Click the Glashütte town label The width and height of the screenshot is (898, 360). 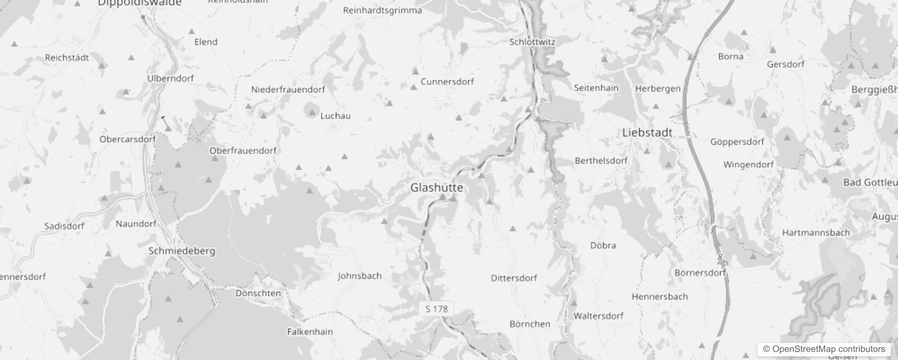coord(436,188)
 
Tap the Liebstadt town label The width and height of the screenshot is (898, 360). coord(647,133)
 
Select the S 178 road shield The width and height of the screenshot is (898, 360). coord(436,309)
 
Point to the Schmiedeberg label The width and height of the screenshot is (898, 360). coord(182,251)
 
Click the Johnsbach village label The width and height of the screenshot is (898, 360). coord(359,276)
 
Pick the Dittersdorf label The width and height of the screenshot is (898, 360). coord(514,278)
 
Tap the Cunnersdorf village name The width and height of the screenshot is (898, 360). coord(447,82)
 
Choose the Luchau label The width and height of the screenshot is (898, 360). coord(335,116)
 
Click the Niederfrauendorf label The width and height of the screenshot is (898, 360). coord(288,90)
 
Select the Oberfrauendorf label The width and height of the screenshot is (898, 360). coord(243,151)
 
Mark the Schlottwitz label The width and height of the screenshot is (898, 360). coord(532,42)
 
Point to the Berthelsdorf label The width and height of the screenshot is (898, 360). coord(601,161)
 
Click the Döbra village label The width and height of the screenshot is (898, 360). coord(603,246)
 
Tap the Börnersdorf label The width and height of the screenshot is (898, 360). coord(700,273)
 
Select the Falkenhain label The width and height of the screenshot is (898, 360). coord(310,332)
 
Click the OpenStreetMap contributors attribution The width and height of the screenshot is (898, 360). coord(828,349)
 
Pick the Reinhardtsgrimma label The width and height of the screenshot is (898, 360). coord(382,10)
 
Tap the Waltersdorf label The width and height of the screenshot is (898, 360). coord(598,316)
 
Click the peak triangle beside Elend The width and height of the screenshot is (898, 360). coord(192,31)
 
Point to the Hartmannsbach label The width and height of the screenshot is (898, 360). coord(816,233)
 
